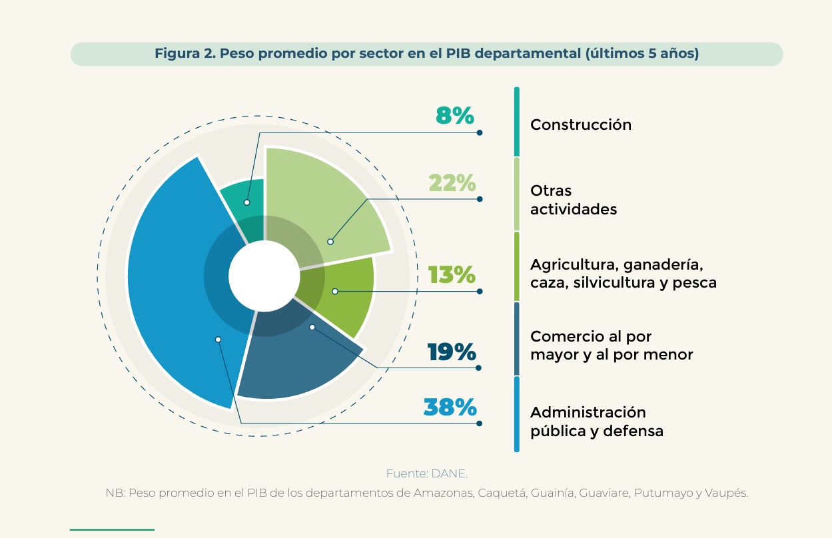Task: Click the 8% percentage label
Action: pos(455,115)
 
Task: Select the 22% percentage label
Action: pos(452,182)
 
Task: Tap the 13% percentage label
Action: pos(452,275)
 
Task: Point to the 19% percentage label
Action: pos(452,352)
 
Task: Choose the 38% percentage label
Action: pos(450,407)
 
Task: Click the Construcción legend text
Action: pos(581,125)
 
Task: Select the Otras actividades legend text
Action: pos(574,200)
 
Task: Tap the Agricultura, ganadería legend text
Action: pos(624,274)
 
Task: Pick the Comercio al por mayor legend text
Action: pos(612,346)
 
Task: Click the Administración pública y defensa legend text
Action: pos(596,421)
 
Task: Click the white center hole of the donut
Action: pos(264,276)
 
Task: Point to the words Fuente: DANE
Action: pos(427,474)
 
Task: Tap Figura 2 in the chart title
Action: pos(185,53)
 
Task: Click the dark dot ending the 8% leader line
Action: pos(480,133)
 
